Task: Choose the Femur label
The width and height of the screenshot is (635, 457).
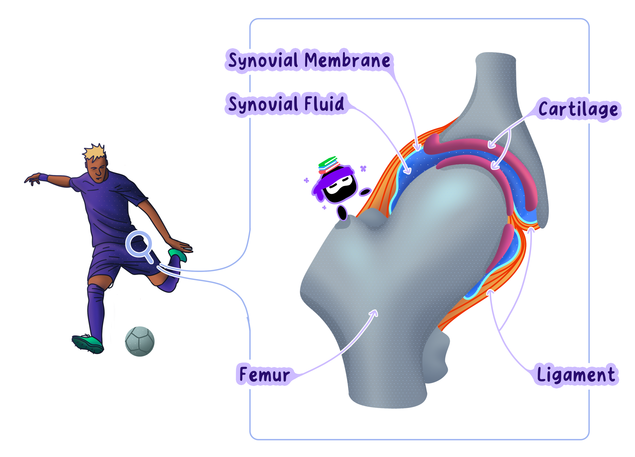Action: (x=265, y=375)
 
